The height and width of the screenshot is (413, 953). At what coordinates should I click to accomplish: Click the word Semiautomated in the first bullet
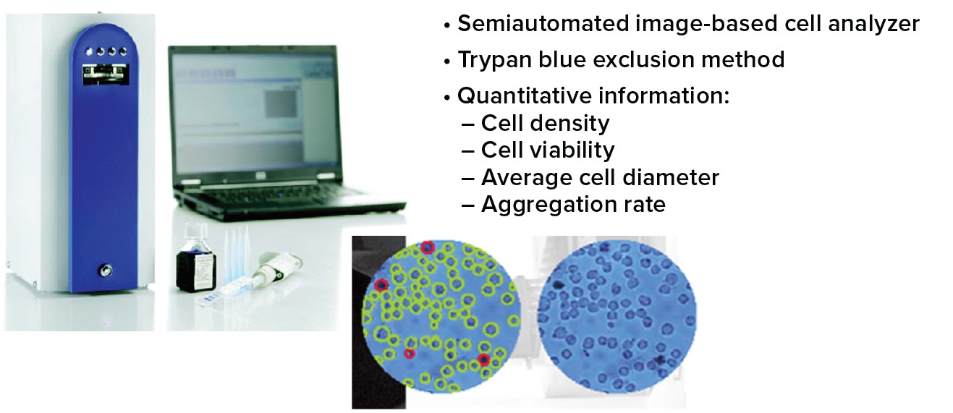pyautogui.click(x=543, y=23)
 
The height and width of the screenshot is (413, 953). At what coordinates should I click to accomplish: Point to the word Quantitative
pyautogui.click(x=525, y=95)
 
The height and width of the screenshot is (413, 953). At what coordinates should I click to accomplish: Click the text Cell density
pyautogui.click(x=546, y=124)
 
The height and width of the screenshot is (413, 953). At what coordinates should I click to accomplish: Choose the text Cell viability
pyautogui.click(x=548, y=150)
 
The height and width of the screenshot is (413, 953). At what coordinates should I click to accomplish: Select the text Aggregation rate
pyautogui.click(x=574, y=205)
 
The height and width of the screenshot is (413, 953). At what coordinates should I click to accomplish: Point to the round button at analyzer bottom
pyautogui.click(x=105, y=271)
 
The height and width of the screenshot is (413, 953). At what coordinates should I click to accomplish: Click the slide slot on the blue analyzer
pyautogui.click(x=106, y=74)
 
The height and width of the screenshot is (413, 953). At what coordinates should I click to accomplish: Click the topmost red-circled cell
pyautogui.click(x=427, y=247)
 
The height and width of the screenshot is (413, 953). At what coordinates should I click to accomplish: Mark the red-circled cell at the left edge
pyautogui.click(x=381, y=285)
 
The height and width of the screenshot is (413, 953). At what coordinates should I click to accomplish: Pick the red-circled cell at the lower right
pyautogui.click(x=483, y=359)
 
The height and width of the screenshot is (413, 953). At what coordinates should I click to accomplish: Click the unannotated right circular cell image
pyautogui.click(x=617, y=317)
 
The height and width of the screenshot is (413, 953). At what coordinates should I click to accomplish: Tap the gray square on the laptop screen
pyautogui.click(x=281, y=103)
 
